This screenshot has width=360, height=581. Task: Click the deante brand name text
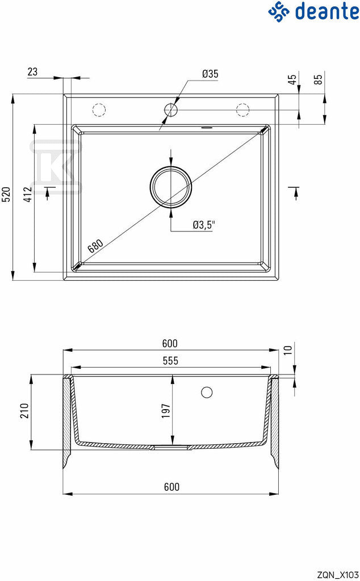327,11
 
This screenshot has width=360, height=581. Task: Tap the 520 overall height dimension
7,194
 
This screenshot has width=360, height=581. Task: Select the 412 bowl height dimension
28,194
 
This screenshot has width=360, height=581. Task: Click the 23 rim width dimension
32,71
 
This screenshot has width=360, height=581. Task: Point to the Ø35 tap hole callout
210,74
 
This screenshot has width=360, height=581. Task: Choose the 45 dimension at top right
292,79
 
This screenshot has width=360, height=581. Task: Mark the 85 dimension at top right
318,79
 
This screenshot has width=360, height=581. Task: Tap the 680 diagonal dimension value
95,246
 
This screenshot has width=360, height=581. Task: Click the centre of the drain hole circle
171,186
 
